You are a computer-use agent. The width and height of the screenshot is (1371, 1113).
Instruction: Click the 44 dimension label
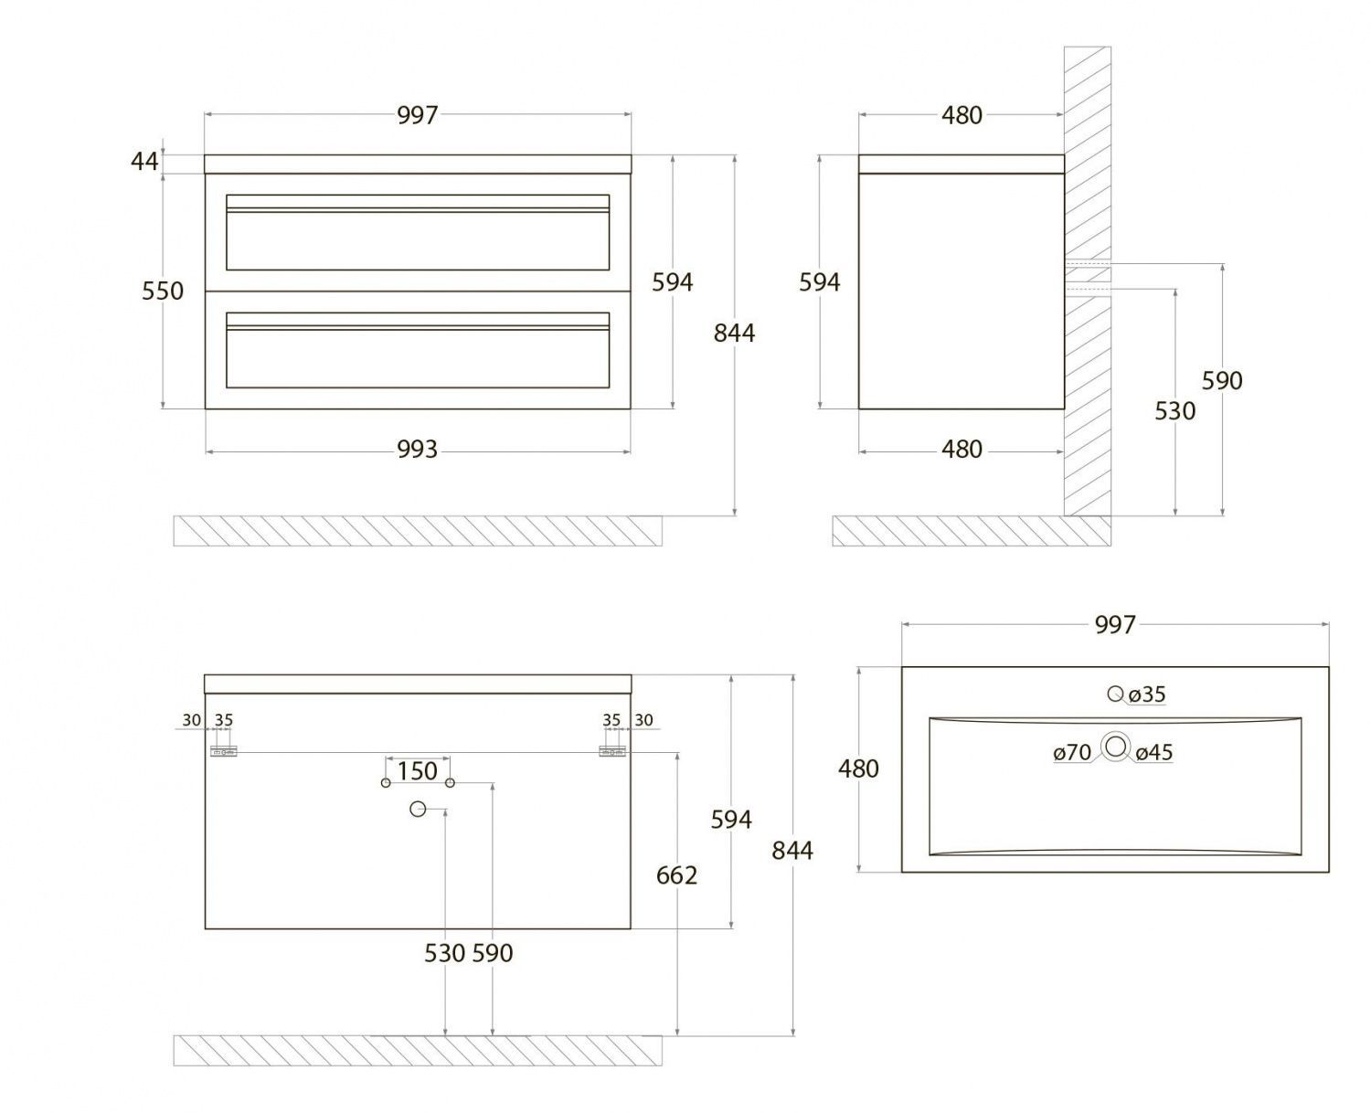pos(144,162)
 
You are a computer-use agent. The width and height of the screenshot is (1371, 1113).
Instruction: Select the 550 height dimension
pos(163,291)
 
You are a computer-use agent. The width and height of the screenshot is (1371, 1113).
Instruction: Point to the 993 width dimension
pos(417,450)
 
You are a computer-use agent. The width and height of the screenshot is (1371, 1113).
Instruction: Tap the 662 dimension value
pos(676,875)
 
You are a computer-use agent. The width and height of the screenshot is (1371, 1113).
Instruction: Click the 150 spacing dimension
pos(417,771)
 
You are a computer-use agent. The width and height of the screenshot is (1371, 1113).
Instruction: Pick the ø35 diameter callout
pos(1147,694)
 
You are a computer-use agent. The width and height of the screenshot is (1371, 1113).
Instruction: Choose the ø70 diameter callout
pos(1072,753)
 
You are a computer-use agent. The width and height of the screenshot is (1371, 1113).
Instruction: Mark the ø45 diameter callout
pos(1154,753)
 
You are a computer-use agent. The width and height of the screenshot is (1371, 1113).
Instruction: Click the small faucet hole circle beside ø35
pos(1115,694)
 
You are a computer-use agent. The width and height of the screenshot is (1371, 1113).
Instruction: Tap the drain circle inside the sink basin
pos(1115,747)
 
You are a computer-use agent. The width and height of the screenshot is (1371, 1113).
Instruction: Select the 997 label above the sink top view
pos(1115,625)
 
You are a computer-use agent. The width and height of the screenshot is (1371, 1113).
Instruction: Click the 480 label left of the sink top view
pos(858,768)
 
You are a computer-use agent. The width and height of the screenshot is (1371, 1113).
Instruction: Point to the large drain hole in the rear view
pos(418,809)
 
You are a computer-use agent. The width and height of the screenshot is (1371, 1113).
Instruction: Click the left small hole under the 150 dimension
pos(386,783)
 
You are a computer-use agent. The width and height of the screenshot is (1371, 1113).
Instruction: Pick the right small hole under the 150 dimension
pos(450,783)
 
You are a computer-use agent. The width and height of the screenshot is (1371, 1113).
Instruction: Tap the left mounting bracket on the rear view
pos(223,752)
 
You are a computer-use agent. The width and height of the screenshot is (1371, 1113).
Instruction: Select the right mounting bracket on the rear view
pos(612,752)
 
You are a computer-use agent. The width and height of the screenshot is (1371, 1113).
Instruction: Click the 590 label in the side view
pos(1222,380)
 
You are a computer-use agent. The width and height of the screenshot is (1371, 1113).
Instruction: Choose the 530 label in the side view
pos(1174,411)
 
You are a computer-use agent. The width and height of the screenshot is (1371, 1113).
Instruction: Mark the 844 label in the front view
pos(734,333)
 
